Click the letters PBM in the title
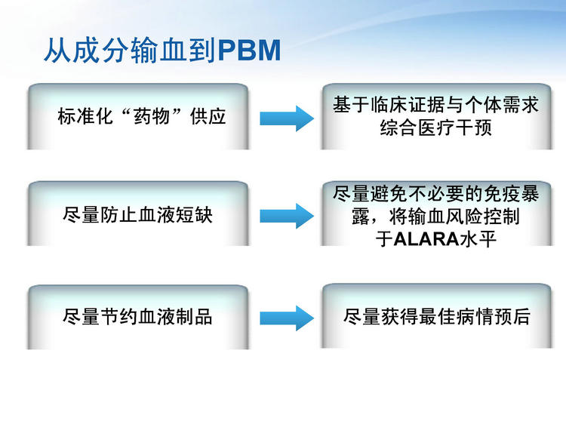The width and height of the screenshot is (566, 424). pos(250,51)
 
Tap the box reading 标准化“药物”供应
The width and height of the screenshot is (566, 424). pos(137,116)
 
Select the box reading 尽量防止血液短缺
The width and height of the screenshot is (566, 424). pos(137,214)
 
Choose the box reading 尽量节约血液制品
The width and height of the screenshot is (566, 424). pos(137,317)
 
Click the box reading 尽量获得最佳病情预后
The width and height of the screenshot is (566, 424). pos(436,316)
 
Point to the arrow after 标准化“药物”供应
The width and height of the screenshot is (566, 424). pos(287,118)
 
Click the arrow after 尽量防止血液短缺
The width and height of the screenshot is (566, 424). pos(287,216)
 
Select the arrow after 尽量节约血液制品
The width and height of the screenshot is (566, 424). pos(287,318)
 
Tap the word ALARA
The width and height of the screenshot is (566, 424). pos(426,239)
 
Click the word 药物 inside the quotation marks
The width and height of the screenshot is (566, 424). pos(151,116)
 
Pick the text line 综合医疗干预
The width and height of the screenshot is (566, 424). pos(436,128)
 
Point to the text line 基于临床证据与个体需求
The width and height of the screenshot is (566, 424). pos(436,105)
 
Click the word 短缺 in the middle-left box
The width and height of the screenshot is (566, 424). pos(194,215)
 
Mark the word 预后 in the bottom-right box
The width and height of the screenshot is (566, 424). pos(512,317)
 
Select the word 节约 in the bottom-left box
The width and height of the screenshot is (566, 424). pos(118,317)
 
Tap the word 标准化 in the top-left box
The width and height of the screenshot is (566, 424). pos(85,116)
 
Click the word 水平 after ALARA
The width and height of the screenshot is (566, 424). pos(478,239)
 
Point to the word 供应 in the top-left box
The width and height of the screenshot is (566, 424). pos(208,116)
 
